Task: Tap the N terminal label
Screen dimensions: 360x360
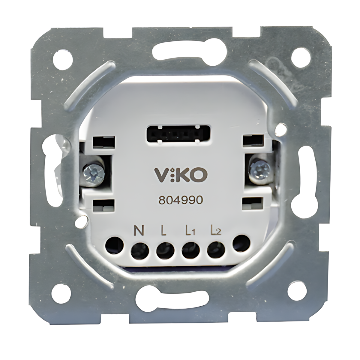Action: click(x=138, y=232)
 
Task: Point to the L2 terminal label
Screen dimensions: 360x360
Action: click(x=216, y=232)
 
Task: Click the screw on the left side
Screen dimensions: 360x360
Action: click(x=94, y=173)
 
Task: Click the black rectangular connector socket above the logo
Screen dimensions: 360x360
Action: click(x=174, y=133)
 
